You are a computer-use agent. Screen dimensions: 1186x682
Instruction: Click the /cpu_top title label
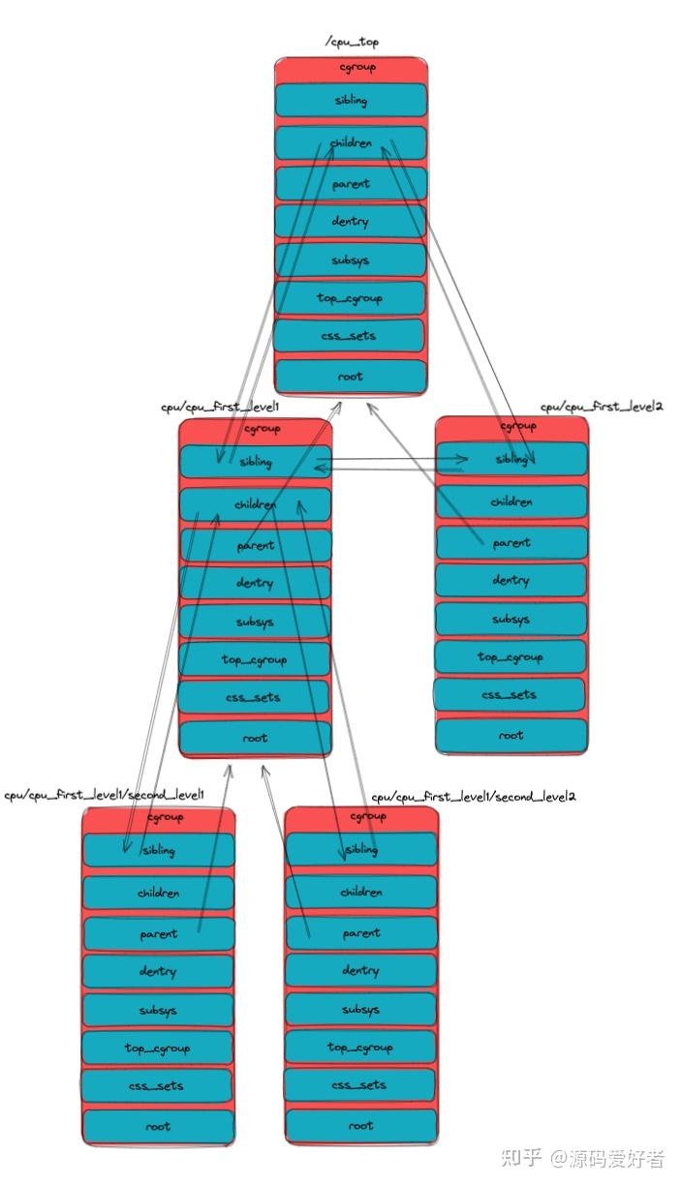pyautogui.click(x=352, y=42)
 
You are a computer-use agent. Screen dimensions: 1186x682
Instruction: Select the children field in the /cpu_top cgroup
pyautogui.click(x=351, y=143)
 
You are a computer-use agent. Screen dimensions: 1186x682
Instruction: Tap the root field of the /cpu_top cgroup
pyautogui.click(x=351, y=377)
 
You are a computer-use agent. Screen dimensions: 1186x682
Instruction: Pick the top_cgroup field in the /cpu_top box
pyautogui.click(x=351, y=298)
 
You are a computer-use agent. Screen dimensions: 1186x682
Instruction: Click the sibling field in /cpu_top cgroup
pyautogui.click(x=351, y=101)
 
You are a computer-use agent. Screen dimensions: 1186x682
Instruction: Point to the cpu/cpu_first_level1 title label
pyautogui.click(x=220, y=408)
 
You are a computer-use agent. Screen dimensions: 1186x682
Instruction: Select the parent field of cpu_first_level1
pyautogui.click(x=256, y=545)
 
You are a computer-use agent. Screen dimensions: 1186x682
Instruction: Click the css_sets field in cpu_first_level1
pyautogui.click(x=256, y=697)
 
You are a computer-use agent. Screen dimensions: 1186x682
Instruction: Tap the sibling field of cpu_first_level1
pyautogui.click(x=256, y=462)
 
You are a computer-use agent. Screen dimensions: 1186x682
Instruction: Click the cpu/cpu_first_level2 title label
pyautogui.click(x=601, y=408)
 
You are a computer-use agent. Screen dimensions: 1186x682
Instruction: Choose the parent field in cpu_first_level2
pyautogui.click(x=511, y=542)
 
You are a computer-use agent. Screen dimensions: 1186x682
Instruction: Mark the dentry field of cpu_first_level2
pyautogui.click(x=511, y=580)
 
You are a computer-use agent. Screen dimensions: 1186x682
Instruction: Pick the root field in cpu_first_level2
pyautogui.click(x=511, y=735)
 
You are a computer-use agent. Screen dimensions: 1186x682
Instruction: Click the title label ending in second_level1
pyautogui.click(x=104, y=795)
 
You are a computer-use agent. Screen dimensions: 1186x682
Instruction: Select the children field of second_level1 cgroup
pyautogui.click(x=158, y=893)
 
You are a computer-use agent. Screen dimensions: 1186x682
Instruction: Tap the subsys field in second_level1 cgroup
pyautogui.click(x=158, y=1011)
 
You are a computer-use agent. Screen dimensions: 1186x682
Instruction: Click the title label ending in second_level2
pyautogui.click(x=474, y=797)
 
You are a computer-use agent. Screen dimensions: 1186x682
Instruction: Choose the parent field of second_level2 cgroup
pyautogui.click(x=361, y=933)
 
